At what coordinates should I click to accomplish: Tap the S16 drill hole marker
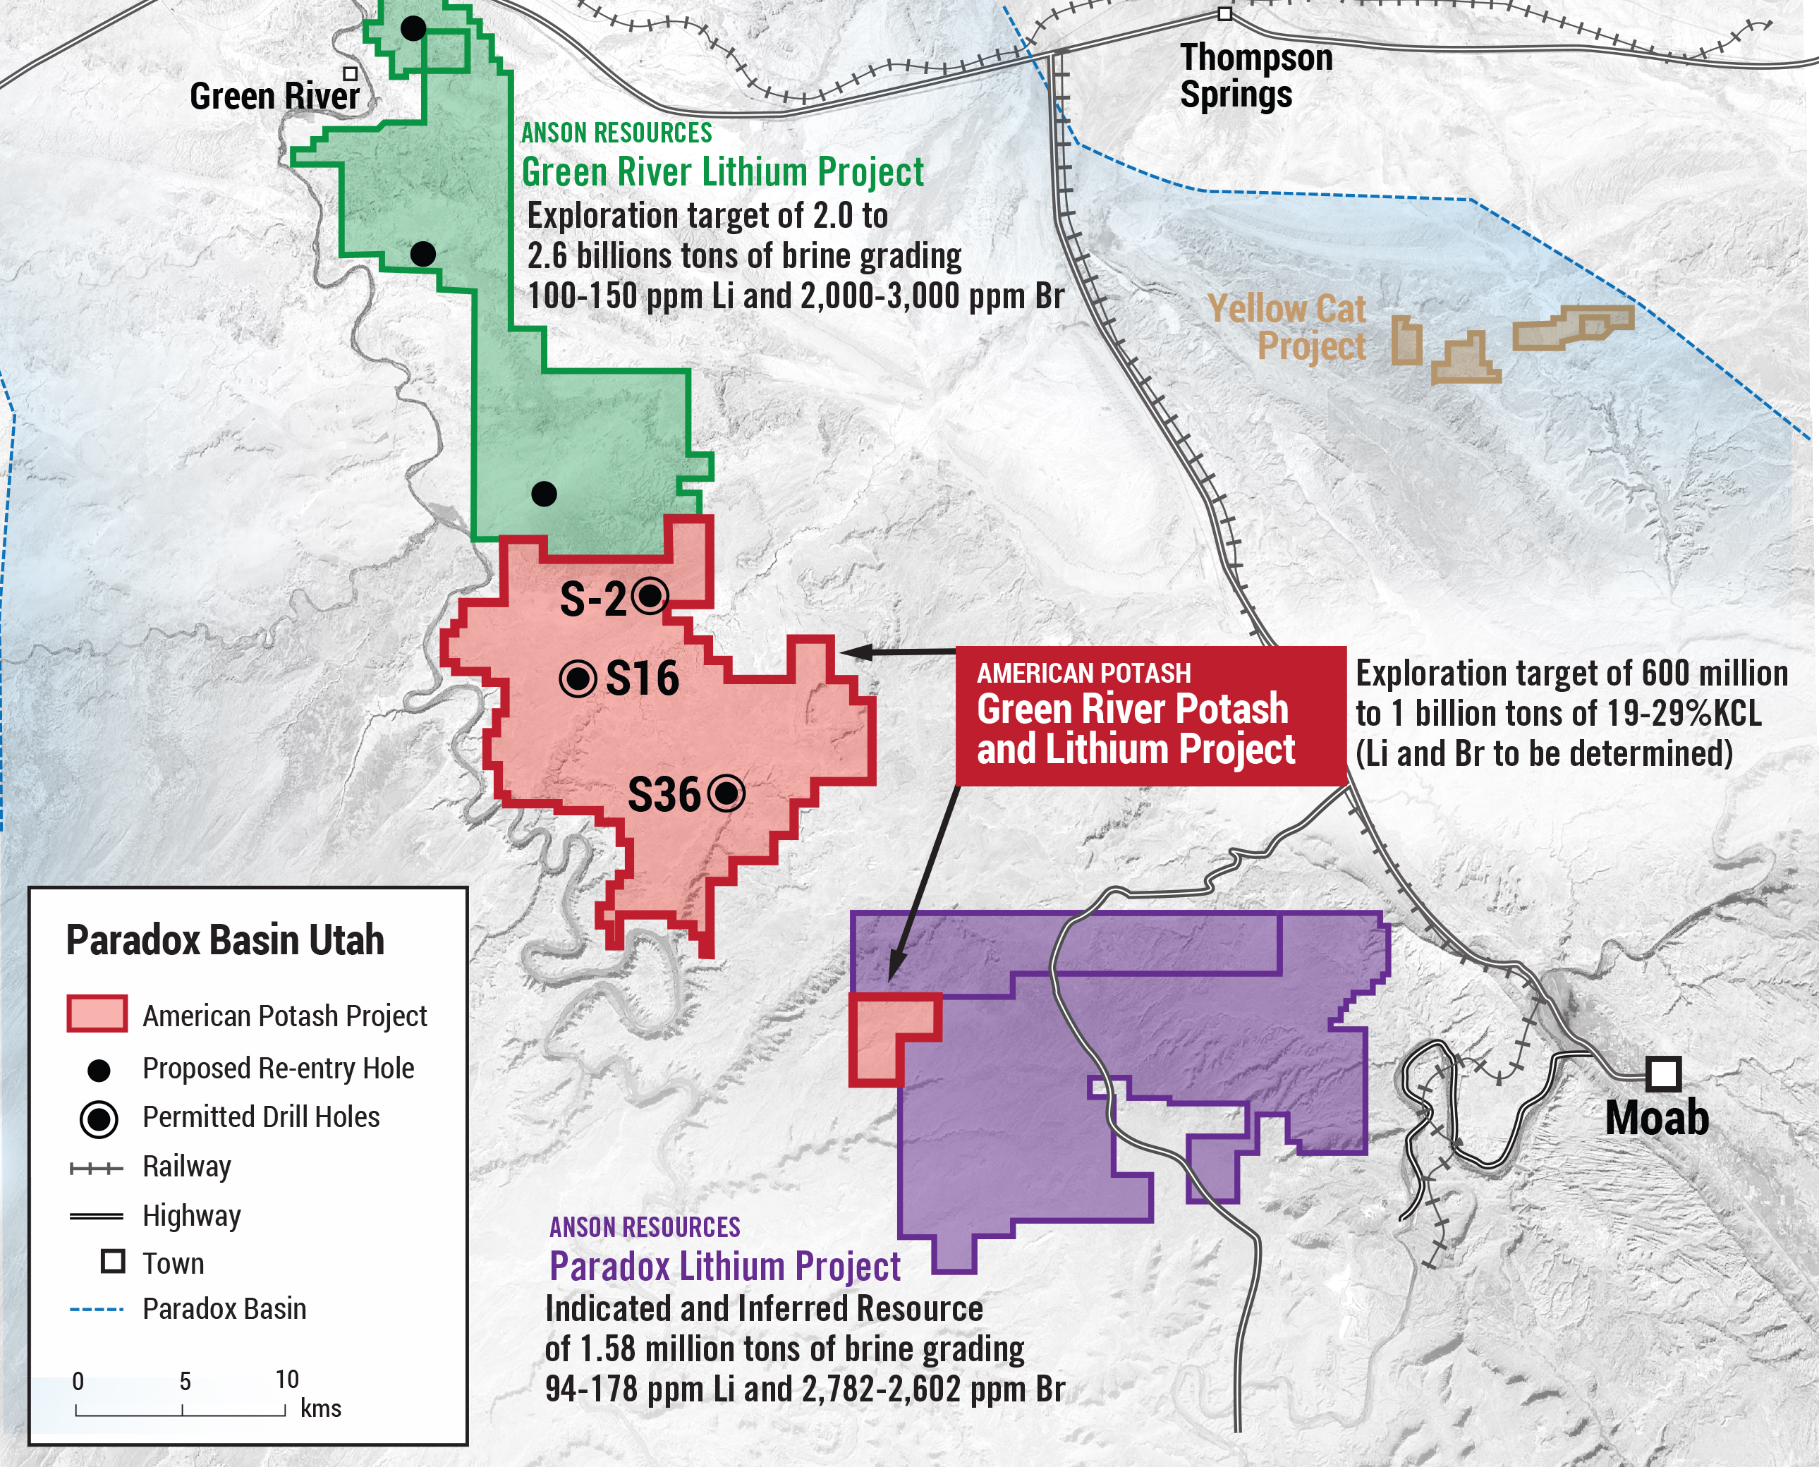pyautogui.click(x=578, y=678)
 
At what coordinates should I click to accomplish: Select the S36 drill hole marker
pyautogui.click(x=726, y=793)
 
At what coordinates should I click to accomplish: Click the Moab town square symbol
pyautogui.click(x=1662, y=1074)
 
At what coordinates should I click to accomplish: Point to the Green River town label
pyautogui.click(x=274, y=97)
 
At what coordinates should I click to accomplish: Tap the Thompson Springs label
pyautogui.click(x=1255, y=76)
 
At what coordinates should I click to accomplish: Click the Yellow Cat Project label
pyautogui.click(x=1286, y=328)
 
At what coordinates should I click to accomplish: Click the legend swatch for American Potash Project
pyautogui.click(x=97, y=1014)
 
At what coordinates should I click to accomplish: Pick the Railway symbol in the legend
pyautogui.click(x=97, y=1169)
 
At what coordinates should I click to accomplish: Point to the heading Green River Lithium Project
pyautogui.click(x=722, y=172)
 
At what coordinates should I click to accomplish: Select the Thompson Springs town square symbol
pyautogui.click(x=1224, y=14)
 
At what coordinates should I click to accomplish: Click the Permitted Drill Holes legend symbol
pyautogui.click(x=99, y=1119)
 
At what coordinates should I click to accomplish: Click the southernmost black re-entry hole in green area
pyautogui.click(x=544, y=494)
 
